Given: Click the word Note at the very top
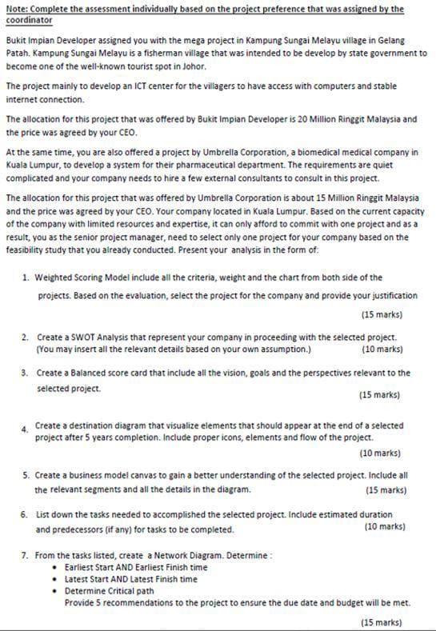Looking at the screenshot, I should (15, 9).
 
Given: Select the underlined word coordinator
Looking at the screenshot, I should (29, 19).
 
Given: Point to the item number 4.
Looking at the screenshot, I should (26, 429).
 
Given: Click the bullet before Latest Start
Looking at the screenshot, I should (55, 579).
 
